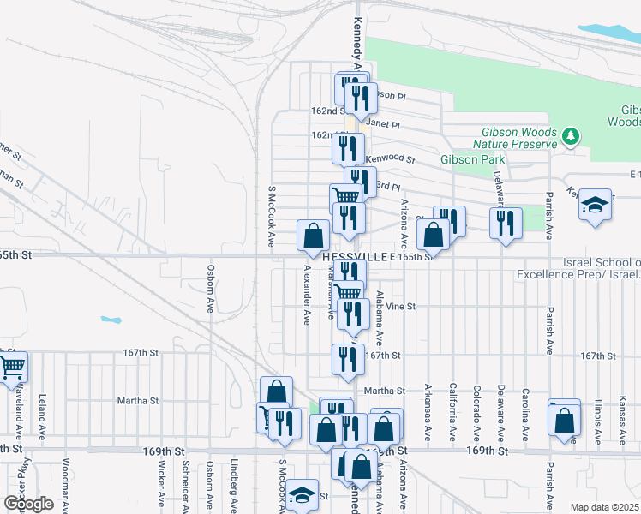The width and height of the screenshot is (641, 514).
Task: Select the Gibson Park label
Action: pos(472,160)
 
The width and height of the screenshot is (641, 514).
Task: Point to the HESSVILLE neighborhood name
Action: pos(356,256)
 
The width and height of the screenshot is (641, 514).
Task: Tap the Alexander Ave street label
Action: pos(307,294)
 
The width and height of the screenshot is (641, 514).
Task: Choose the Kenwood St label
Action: pos(390,159)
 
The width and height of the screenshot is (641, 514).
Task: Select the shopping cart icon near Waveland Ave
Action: pos(13,367)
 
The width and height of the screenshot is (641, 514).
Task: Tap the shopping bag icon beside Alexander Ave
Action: pos(315,235)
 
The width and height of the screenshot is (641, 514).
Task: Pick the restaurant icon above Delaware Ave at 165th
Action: pos(506,223)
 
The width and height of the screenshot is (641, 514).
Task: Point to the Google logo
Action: pos(28,504)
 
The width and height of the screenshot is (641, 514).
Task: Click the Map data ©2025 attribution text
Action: pos(604,506)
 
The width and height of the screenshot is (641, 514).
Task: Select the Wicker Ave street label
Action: pos(161,493)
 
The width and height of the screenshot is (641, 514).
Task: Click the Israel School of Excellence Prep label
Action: pos(578,267)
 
